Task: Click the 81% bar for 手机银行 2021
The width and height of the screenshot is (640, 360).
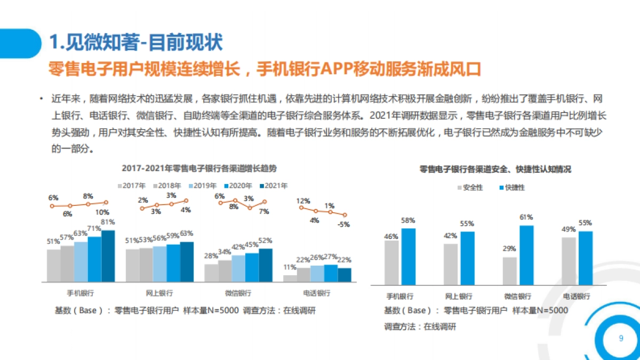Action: pyautogui.click(x=108, y=256)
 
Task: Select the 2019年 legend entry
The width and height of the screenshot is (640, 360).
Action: pyautogui.click(x=204, y=186)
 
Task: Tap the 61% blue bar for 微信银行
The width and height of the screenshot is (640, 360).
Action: pyautogui.click(x=526, y=255)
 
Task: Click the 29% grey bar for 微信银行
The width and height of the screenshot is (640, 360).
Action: pyautogui.click(x=509, y=271)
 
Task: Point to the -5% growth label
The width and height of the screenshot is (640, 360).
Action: pyautogui.click(x=343, y=225)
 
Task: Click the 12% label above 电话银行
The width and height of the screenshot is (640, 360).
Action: pyautogui.click(x=303, y=201)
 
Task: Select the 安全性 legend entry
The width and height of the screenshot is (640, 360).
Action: pyautogui.click(x=470, y=188)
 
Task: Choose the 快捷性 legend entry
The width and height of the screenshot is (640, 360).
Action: pyautogui.click(x=511, y=188)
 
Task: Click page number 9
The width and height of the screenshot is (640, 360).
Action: pyautogui.click(x=620, y=339)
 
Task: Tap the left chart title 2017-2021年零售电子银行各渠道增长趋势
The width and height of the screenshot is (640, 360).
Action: pyautogui.click(x=199, y=168)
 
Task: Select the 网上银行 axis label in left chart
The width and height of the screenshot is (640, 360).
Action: pyautogui.click(x=159, y=293)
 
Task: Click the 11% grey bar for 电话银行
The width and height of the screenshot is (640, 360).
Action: pyautogui.click(x=290, y=278)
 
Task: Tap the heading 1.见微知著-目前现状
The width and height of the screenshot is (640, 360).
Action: pyautogui.click(x=136, y=43)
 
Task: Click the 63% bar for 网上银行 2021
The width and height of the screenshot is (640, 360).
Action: pyautogui.click(x=187, y=261)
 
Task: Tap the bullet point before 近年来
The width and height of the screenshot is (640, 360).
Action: pyautogui.click(x=41, y=99)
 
